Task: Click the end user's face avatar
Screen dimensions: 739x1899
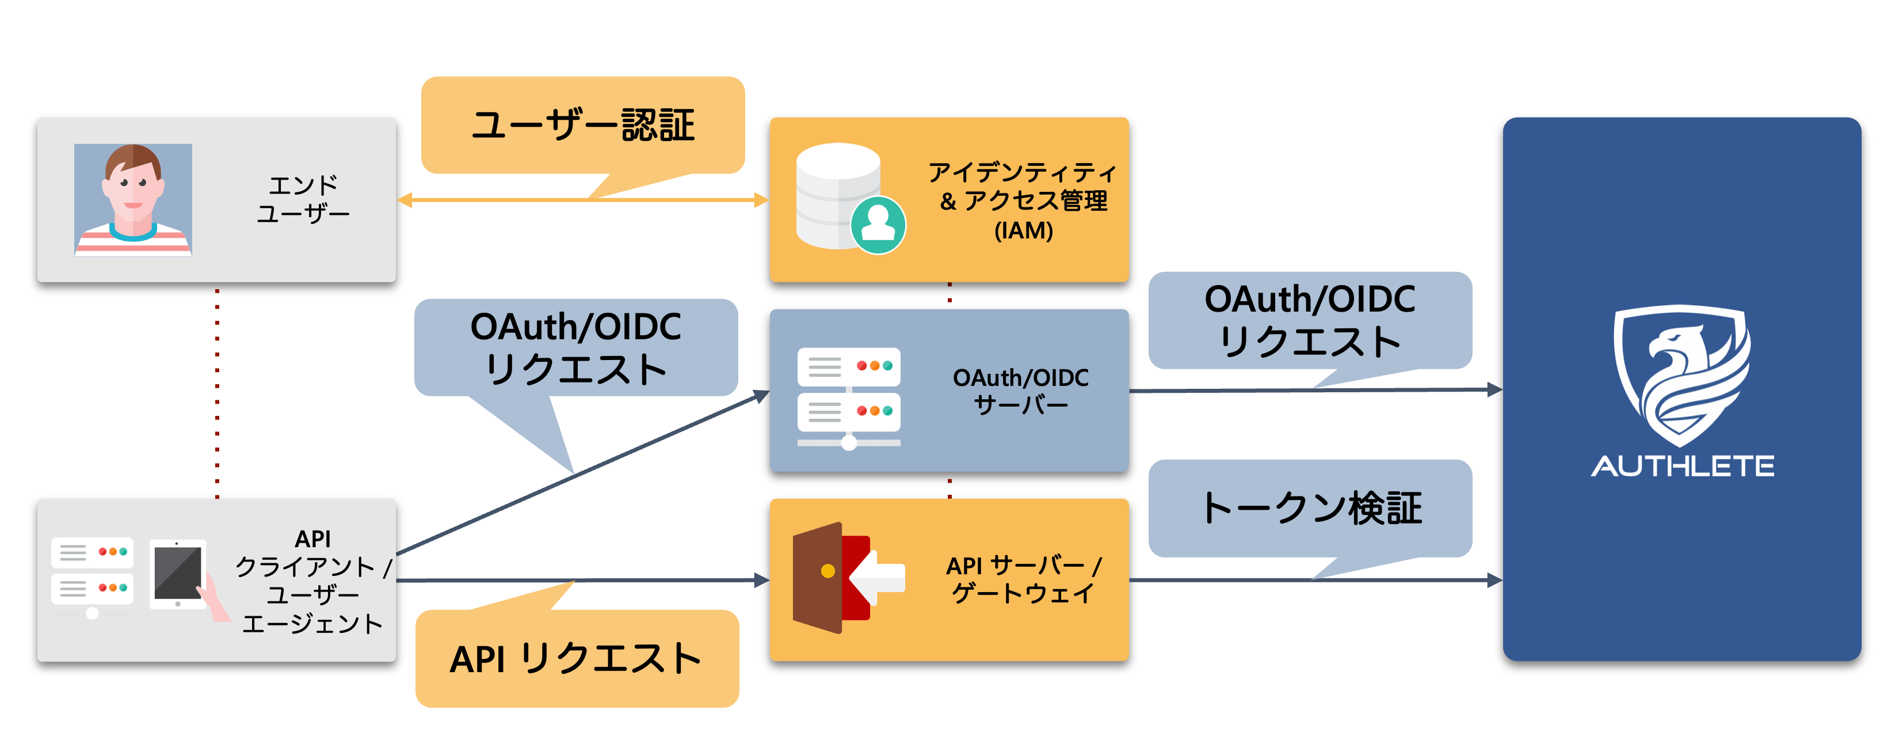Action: tap(133, 199)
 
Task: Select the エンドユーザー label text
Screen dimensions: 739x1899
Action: tap(303, 199)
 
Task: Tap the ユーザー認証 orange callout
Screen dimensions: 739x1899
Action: tap(582, 126)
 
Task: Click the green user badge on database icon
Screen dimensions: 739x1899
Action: tap(878, 225)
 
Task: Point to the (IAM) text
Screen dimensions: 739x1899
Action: tap(1023, 231)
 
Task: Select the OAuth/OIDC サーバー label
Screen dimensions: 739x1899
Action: tap(1020, 391)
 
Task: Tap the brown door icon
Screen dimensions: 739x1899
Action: tap(818, 578)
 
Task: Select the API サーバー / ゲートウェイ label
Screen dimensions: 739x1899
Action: tap(1023, 579)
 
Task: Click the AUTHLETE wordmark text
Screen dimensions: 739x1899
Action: tap(1682, 466)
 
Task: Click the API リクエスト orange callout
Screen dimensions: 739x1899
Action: tap(577, 658)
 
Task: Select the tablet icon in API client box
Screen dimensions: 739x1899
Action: tap(178, 574)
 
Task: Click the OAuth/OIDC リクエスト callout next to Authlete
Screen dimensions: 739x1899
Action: tap(1310, 320)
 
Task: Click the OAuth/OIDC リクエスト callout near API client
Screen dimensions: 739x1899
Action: tap(576, 347)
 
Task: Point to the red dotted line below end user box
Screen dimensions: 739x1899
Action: tap(217, 391)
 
